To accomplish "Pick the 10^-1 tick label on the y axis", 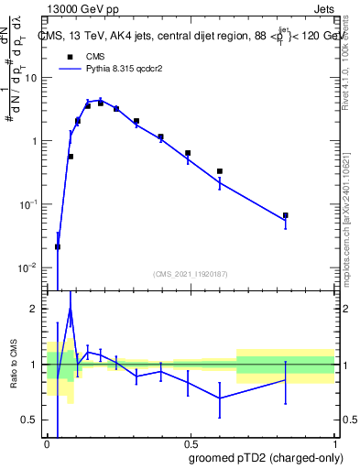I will (30, 204).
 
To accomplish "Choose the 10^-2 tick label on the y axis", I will (30, 267).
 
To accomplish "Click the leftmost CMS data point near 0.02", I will (58, 246).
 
